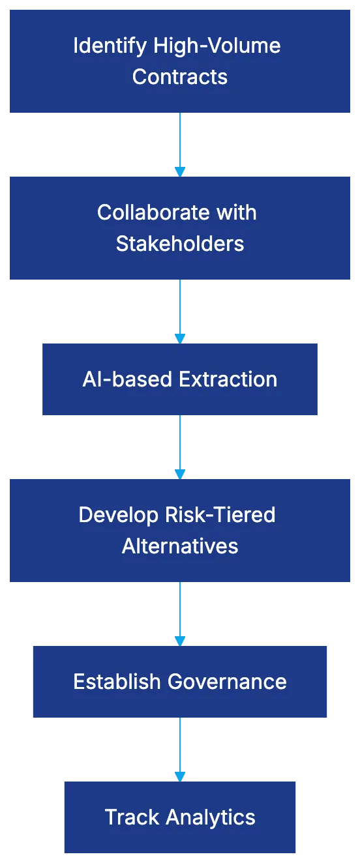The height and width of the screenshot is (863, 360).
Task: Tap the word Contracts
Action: (x=180, y=77)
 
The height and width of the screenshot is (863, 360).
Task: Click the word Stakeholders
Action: (x=180, y=244)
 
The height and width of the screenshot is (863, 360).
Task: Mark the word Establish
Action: (x=117, y=682)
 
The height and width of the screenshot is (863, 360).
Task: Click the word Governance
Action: (x=227, y=682)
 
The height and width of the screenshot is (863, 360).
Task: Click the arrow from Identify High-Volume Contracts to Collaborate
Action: (x=180, y=143)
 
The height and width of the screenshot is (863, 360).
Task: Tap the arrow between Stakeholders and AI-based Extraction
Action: (x=180, y=310)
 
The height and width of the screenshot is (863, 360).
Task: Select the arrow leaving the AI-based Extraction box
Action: (x=180, y=446)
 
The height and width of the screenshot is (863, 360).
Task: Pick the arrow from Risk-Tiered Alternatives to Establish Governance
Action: (x=180, y=613)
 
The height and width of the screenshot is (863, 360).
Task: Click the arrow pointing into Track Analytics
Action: (x=180, y=748)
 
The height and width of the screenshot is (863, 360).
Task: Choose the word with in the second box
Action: (x=238, y=212)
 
